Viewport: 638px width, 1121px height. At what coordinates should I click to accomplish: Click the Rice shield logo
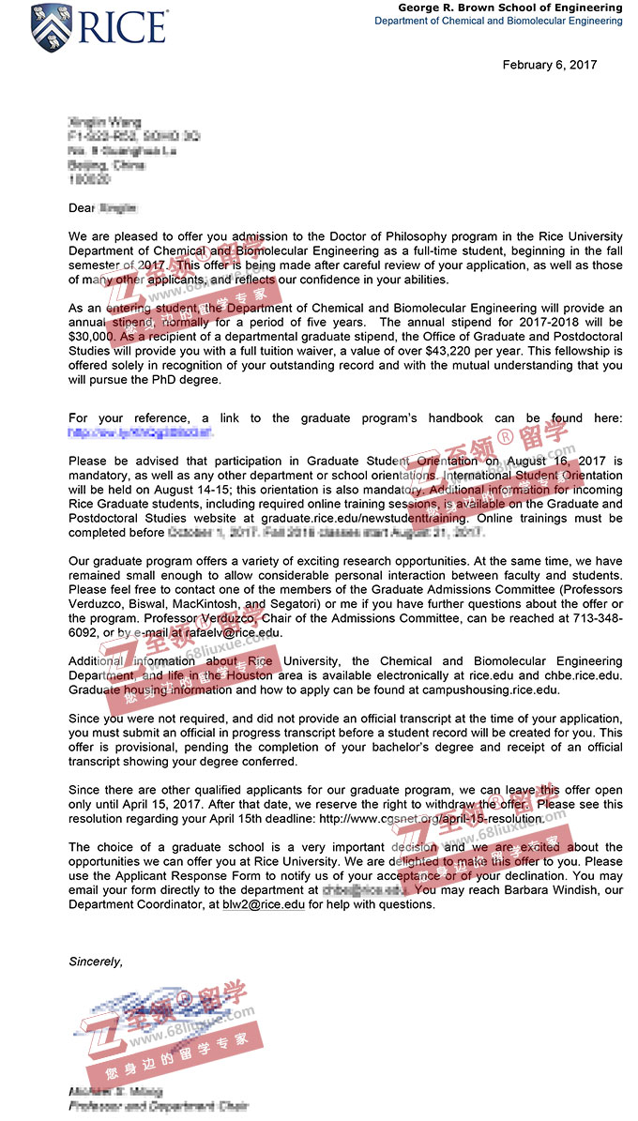[52, 26]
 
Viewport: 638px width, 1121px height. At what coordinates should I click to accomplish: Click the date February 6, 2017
[549, 65]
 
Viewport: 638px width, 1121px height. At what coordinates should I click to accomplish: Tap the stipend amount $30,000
[92, 335]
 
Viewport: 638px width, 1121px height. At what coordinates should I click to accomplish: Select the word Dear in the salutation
[83, 206]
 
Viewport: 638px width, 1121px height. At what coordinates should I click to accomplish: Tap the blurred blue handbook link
[141, 432]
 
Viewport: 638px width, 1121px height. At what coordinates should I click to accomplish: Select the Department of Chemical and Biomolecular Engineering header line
[498, 21]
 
